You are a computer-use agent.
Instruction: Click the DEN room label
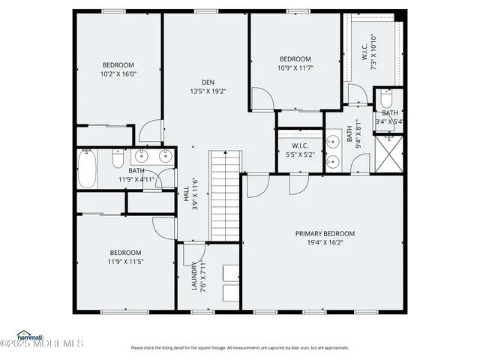tap(208, 82)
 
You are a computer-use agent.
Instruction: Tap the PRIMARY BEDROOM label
tap(325, 233)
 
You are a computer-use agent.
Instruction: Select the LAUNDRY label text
tap(193, 277)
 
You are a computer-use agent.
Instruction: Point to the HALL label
tap(186, 193)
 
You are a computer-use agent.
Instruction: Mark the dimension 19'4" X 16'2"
tap(325, 242)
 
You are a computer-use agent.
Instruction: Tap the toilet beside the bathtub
tap(118, 159)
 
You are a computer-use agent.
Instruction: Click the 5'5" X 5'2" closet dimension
tap(300, 154)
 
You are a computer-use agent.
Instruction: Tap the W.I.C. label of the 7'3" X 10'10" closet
tap(364, 52)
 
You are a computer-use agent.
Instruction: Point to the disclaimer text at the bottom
tap(240, 347)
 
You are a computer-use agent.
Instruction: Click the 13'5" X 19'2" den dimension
tap(208, 91)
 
